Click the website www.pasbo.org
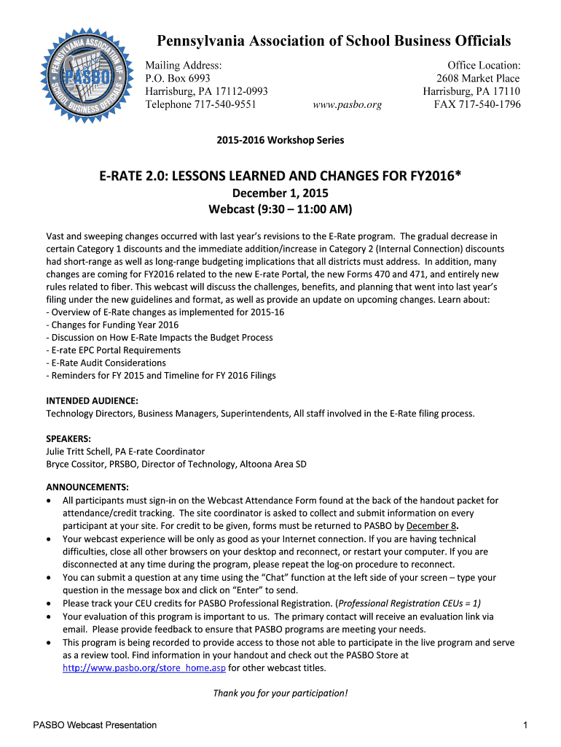click(x=347, y=104)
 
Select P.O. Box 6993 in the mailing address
click(x=178, y=78)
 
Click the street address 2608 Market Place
click(x=478, y=78)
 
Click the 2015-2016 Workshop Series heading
click(x=280, y=139)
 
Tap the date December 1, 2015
click(x=280, y=193)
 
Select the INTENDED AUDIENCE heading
click(x=92, y=401)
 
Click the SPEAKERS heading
click(x=68, y=439)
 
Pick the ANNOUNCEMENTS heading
click(x=87, y=487)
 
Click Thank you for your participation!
click(x=280, y=693)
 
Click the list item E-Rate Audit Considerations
click(x=106, y=363)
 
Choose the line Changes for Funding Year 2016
click(x=112, y=325)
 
